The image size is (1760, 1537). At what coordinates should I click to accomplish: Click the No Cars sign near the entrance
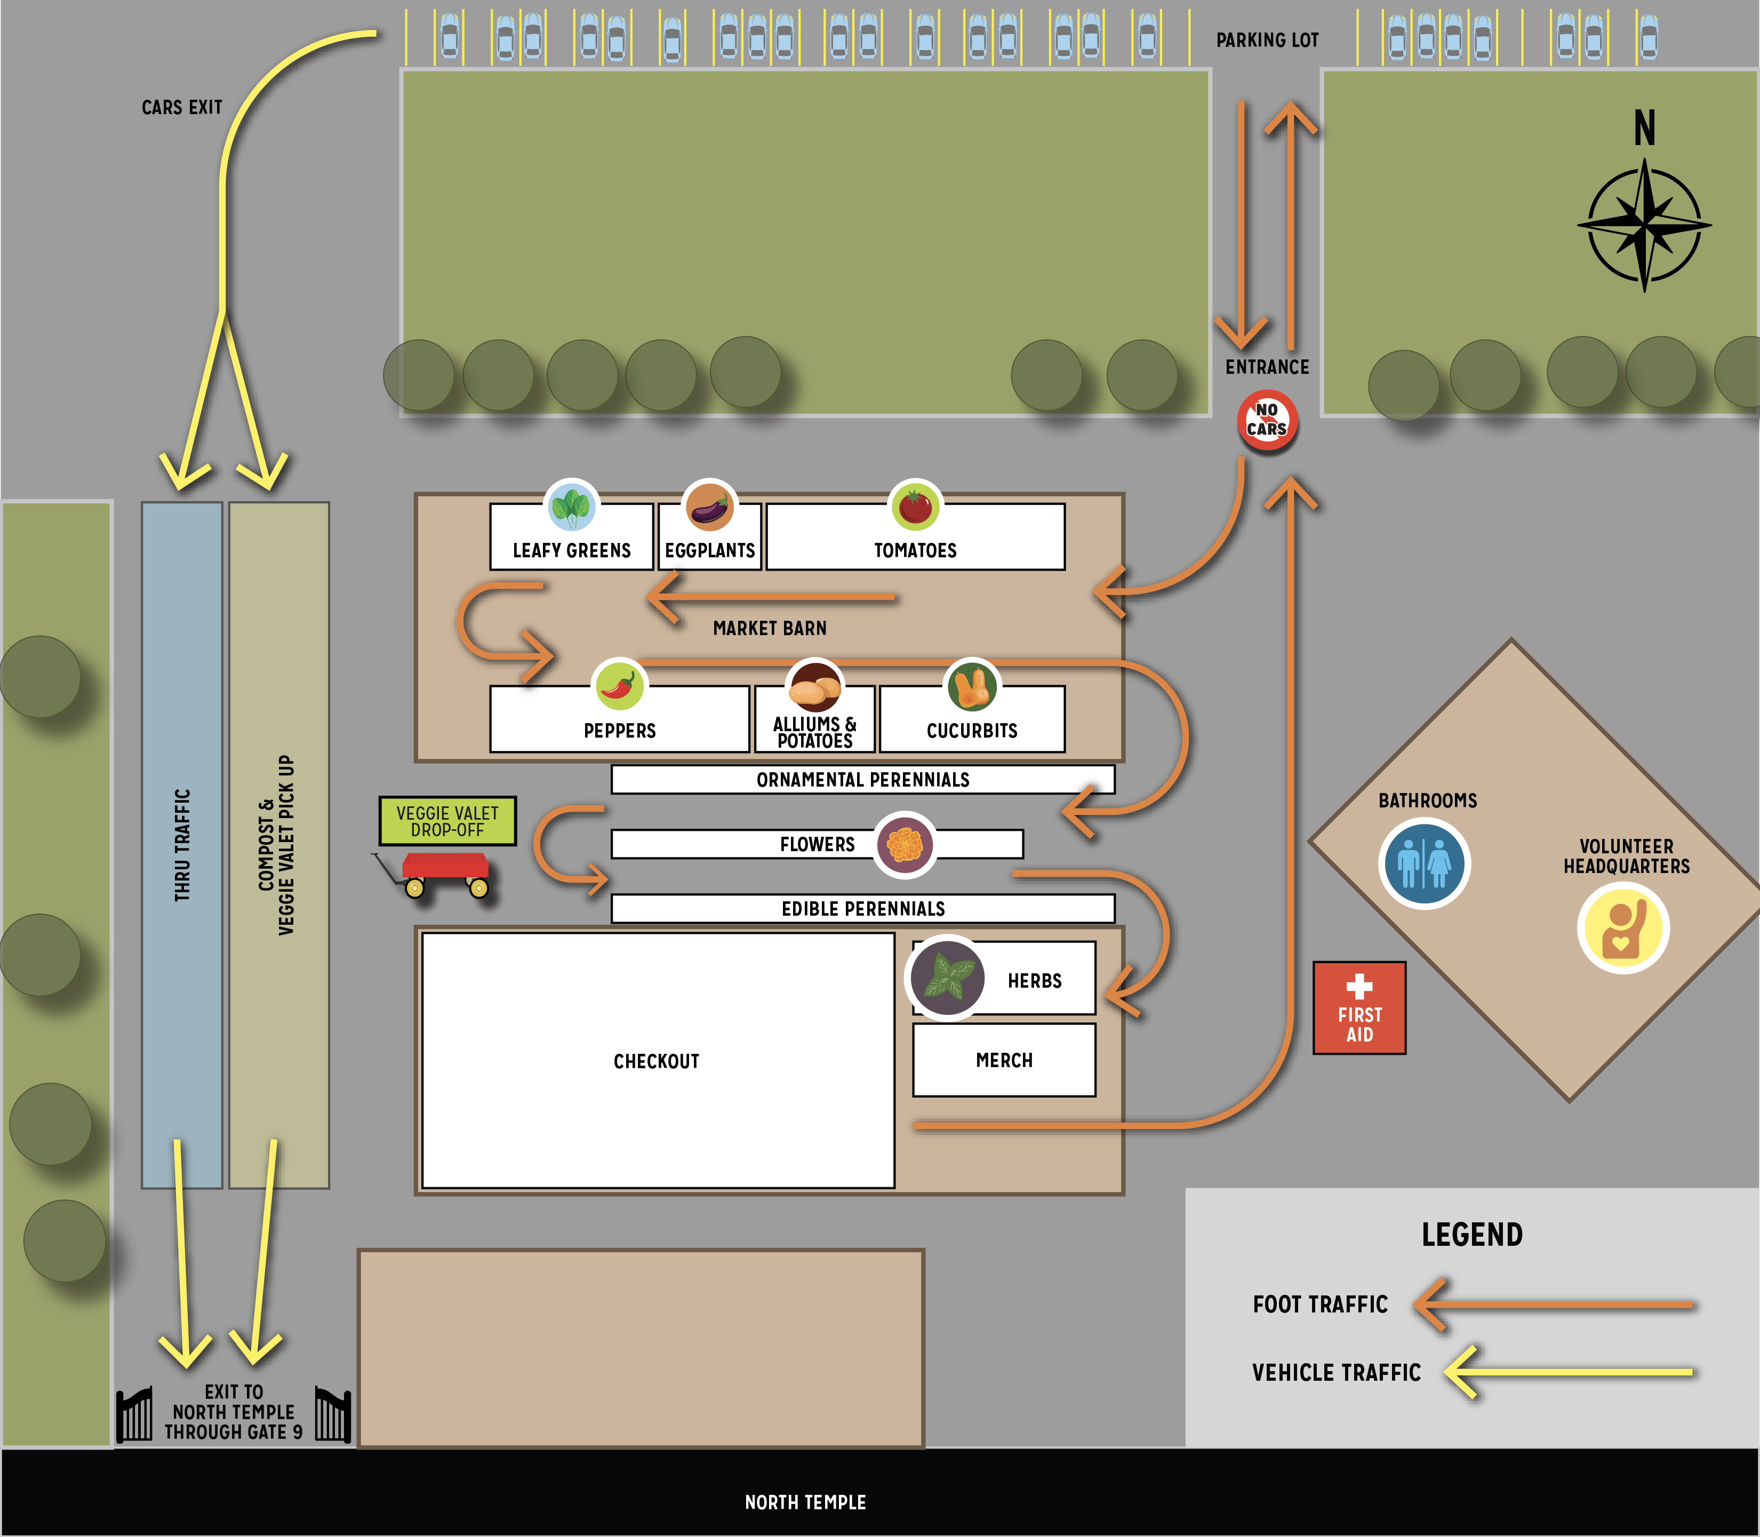1267,420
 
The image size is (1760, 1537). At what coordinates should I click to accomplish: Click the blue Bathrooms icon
1424,863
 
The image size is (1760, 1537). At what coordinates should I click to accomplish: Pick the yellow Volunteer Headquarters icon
1622,928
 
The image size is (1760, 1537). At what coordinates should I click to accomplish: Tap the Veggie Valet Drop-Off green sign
447,821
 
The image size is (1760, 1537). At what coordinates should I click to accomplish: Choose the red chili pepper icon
619,685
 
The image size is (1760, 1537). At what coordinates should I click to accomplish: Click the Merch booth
1004,1060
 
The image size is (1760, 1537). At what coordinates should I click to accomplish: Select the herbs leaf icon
947,978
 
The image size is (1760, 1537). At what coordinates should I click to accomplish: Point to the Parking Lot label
1267,41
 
